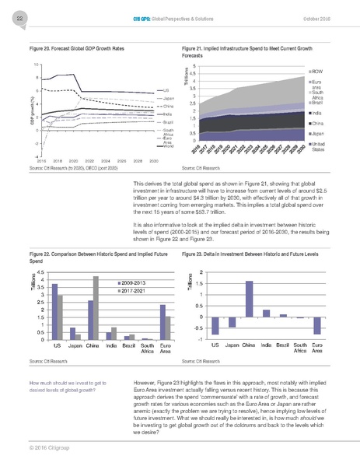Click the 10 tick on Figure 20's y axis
(x=37, y=64)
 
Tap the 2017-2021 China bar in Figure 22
(x=96, y=309)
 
